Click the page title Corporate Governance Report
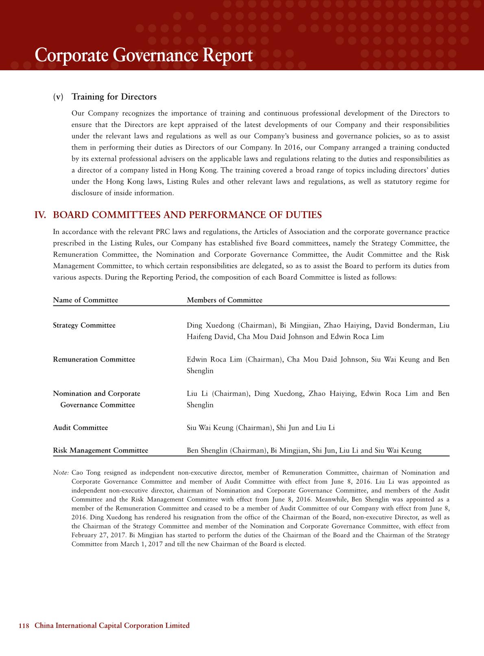pyautogui.click(x=144, y=56)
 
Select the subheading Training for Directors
pyautogui.click(x=114, y=97)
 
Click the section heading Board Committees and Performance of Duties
pyautogui.click(x=187, y=215)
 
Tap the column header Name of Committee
pyautogui.click(x=85, y=300)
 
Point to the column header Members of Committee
pyautogui.click(x=225, y=300)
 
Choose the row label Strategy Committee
pyautogui.click(x=84, y=325)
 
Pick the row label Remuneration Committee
pyautogui.click(x=94, y=359)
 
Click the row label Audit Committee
pyautogui.click(x=81, y=428)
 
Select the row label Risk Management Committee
pyautogui.click(x=100, y=450)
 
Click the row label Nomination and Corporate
pyautogui.click(x=96, y=394)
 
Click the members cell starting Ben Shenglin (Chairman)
pyautogui.click(x=304, y=450)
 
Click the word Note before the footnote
pyautogui.click(x=61, y=473)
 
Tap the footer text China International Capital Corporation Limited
pyautogui.click(x=112, y=626)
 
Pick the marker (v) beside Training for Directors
pyautogui.click(x=59, y=97)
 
